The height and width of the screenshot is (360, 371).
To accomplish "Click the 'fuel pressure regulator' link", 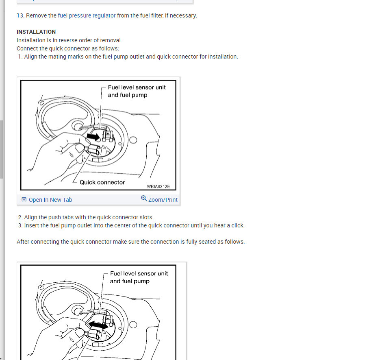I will tap(87, 15).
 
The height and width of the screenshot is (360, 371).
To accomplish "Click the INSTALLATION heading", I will tap(36, 32).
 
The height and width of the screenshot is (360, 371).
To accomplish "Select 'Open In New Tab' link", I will tap(50, 200).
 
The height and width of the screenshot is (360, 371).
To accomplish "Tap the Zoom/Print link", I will tap(163, 200).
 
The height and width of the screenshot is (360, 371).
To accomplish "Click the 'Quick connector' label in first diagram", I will tap(102, 182).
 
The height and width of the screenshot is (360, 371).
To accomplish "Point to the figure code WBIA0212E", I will tap(158, 187).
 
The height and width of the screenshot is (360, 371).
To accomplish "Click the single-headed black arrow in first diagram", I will tap(93, 137).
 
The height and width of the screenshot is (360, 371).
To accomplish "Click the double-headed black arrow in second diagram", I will tap(99, 325).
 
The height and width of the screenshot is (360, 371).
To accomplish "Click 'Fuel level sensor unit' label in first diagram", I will tap(137, 87).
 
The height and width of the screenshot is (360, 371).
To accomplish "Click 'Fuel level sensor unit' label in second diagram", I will tap(139, 273).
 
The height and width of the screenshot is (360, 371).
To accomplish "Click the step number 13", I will tap(20, 15).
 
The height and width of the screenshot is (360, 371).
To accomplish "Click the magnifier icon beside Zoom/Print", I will tap(144, 199).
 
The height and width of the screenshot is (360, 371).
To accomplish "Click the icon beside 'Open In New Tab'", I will tap(24, 200).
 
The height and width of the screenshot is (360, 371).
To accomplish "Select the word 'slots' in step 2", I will tap(145, 217).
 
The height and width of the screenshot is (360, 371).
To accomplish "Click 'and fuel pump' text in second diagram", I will tap(130, 281).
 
